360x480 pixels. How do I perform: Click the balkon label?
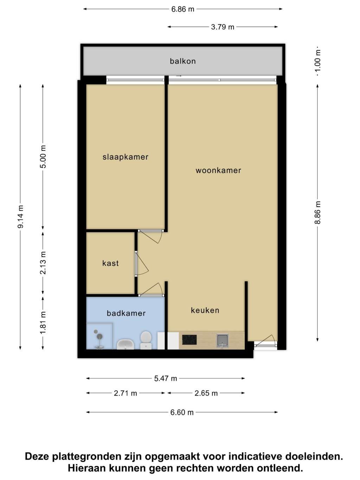[x=183, y=61]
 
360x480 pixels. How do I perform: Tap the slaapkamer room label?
[x=126, y=157]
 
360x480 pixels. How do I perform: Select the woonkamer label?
[x=218, y=171]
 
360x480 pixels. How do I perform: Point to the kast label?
[x=110, y=263]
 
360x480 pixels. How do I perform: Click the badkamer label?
[x=126, y=313]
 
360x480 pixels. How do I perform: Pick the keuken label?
[x=205, y=310]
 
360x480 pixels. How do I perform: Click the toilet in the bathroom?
[x=146, y=340]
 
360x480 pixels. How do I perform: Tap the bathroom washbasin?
[x=125, y=344]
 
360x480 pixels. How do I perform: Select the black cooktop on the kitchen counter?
[x=189, y=340]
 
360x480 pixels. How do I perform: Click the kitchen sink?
[x=223, y=341]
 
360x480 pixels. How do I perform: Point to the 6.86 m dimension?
[x=183, y=9]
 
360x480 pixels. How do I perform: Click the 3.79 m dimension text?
[x=223, y=27]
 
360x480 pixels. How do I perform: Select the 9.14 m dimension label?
[x=20, y=217]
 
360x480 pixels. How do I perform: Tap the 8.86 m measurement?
[x=317, y=212]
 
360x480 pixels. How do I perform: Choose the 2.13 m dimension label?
[x=43, y=263]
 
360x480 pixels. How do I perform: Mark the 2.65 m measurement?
[x=206, y=393]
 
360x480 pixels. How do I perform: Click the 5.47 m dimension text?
[x=166, y=378]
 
